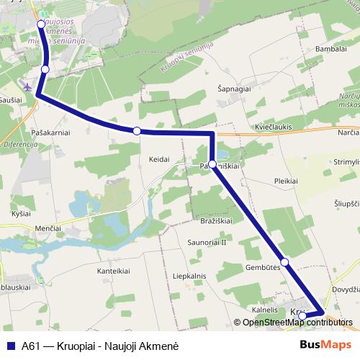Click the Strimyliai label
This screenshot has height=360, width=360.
346,162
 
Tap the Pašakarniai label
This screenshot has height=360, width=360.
50,133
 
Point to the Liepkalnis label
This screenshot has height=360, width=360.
189,276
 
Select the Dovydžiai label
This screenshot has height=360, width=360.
345,289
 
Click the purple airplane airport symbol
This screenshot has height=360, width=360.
28,86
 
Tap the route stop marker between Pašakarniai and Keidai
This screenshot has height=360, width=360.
137,130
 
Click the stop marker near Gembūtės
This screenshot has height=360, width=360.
284,261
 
